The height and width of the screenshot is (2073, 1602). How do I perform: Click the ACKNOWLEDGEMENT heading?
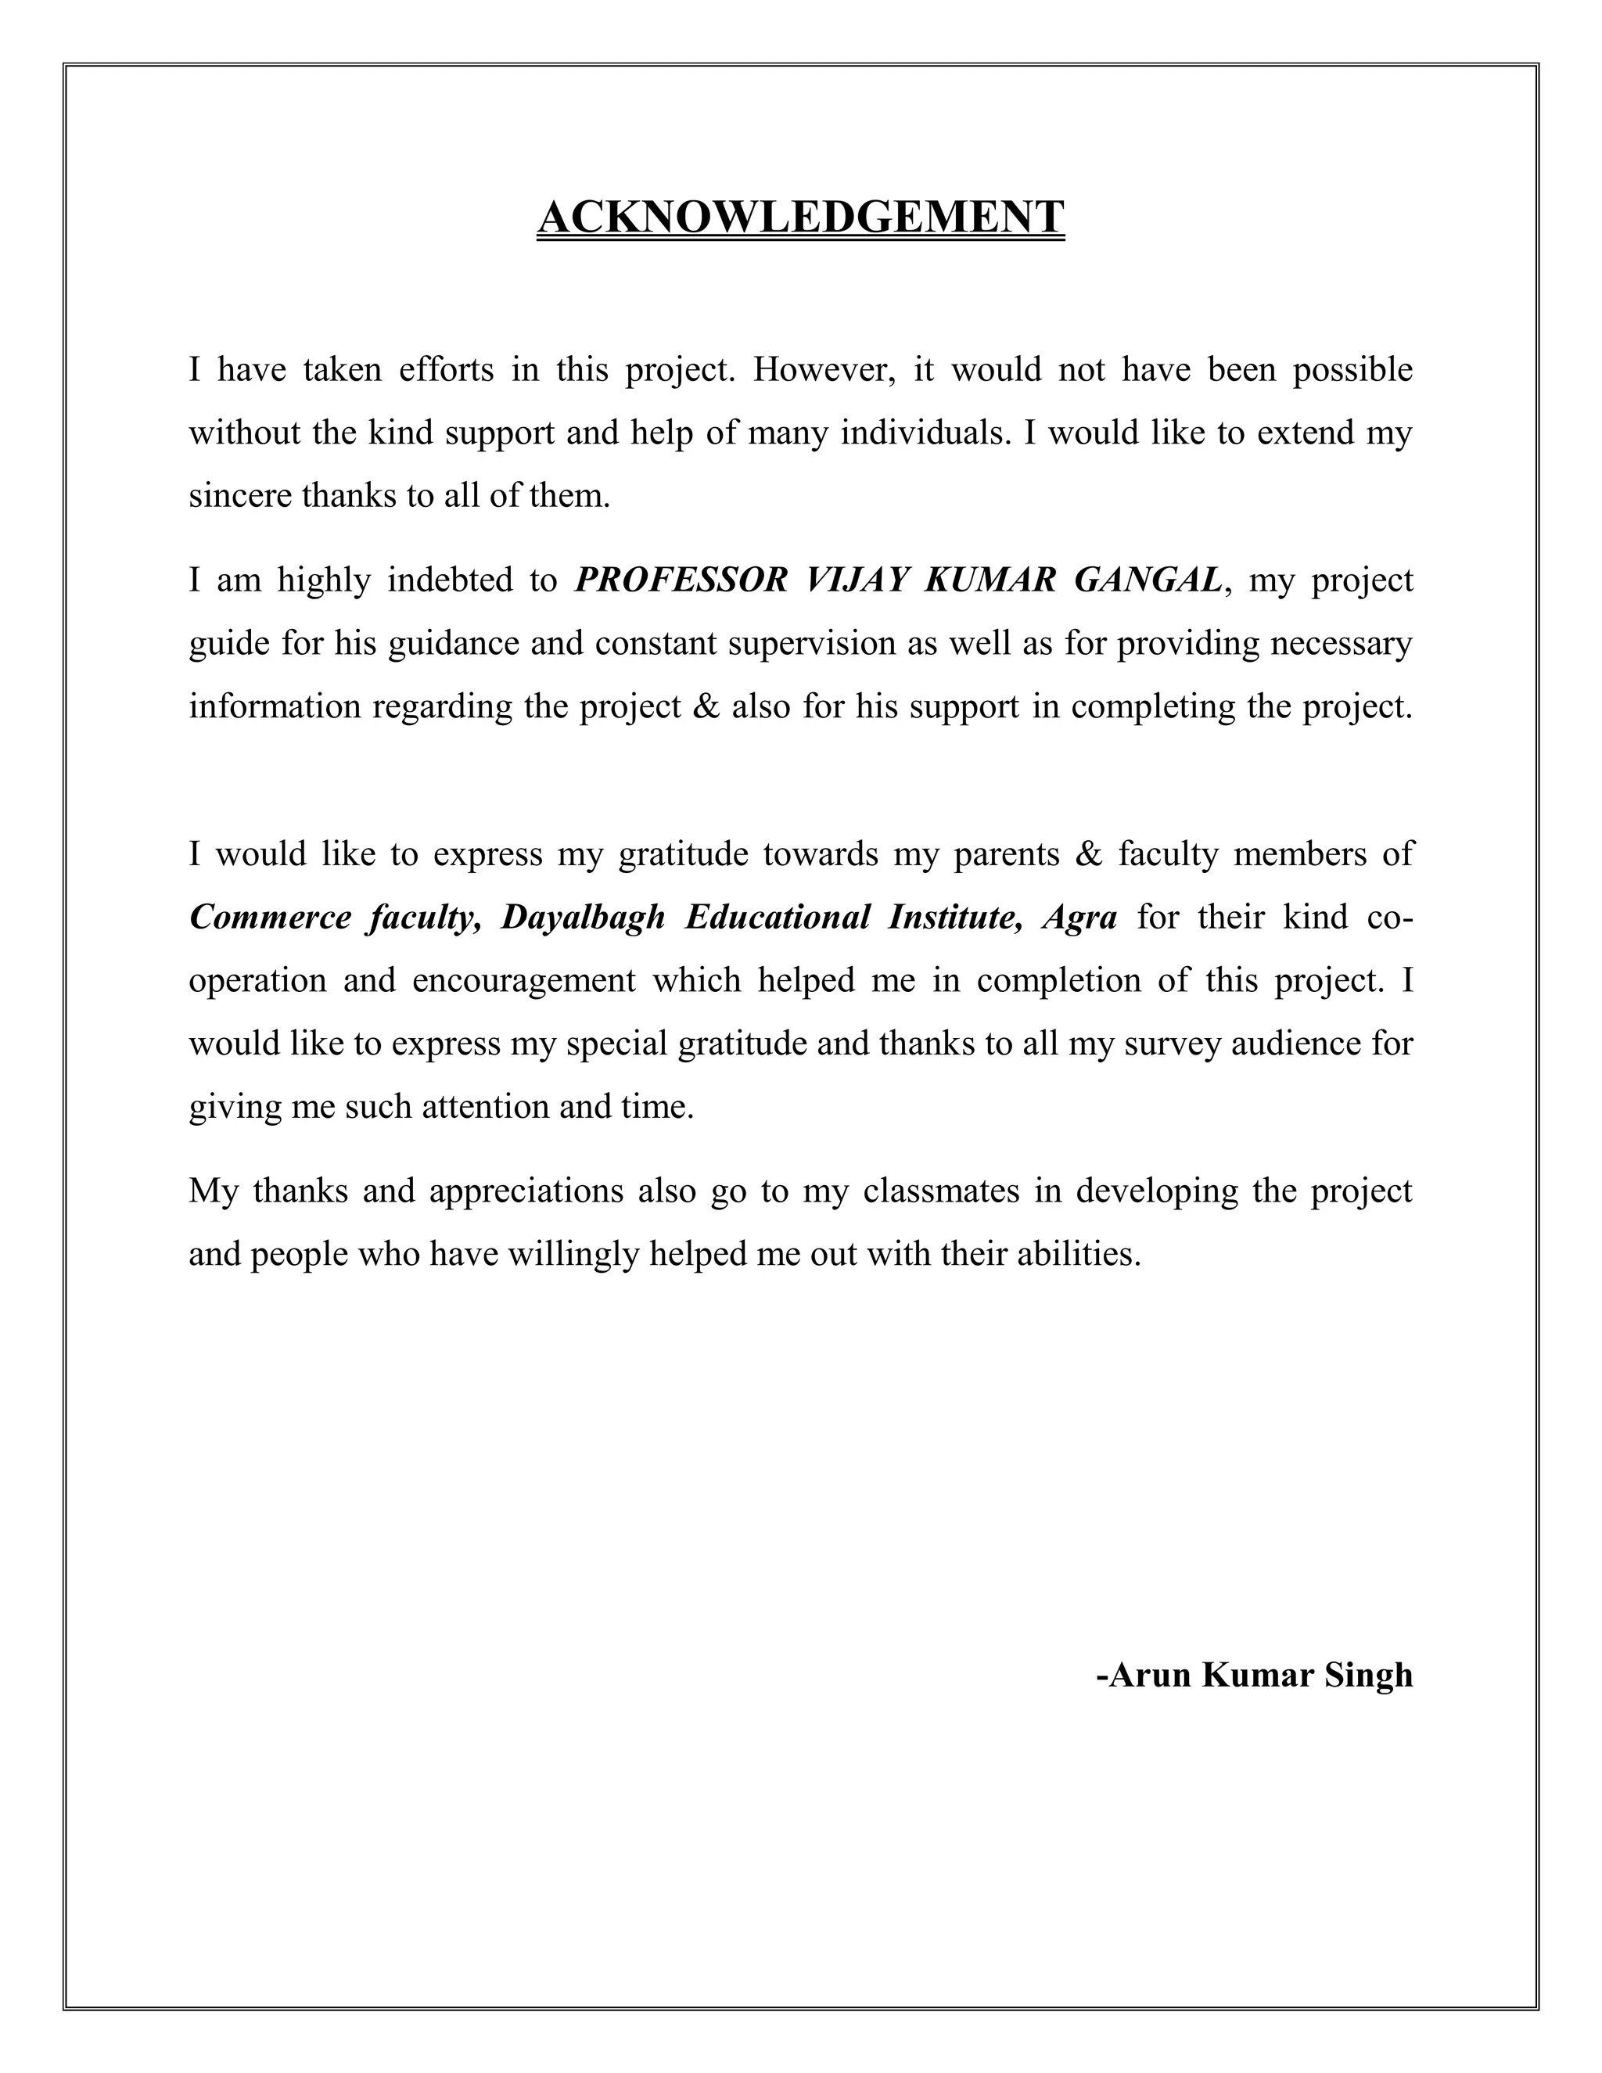point(800,217)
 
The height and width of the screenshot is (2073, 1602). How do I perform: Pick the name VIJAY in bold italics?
point(854,580)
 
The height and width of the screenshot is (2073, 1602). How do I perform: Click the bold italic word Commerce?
point(271,918)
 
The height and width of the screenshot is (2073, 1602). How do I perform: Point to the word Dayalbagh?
point(583,918)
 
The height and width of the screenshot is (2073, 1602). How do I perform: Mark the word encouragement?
point(524,980)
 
